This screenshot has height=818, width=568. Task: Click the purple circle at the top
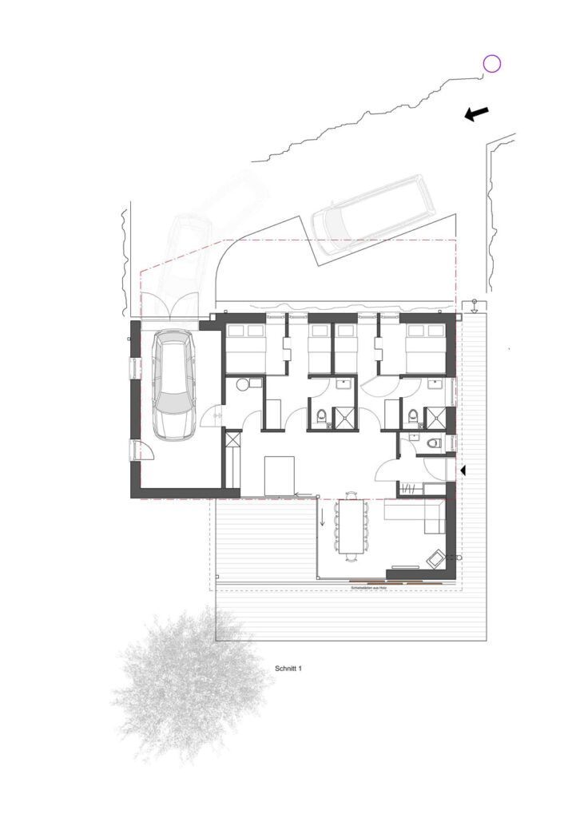[491, 64]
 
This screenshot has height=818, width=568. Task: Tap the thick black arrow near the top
[477, 114]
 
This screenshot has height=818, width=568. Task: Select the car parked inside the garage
[174, 385]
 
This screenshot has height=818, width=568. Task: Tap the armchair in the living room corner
[436, 558]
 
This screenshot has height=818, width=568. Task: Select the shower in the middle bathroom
[346, 418]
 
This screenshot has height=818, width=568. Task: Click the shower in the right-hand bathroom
[435, 418]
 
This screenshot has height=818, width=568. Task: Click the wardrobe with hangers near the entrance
[410, 488]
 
